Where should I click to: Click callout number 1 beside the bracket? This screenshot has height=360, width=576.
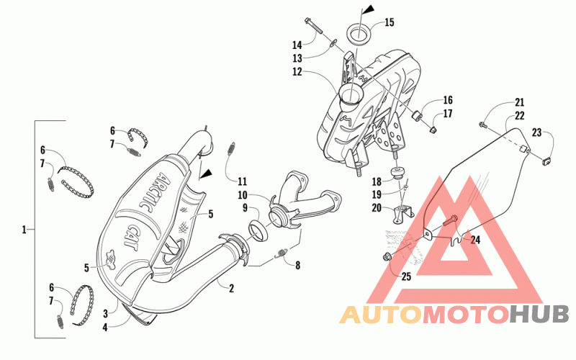tap(24, 230)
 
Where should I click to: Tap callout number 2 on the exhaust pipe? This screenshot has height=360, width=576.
tap(232, 289)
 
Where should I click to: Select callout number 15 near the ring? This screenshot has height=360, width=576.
tap(390, 23)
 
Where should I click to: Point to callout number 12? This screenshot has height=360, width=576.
tap(297, 72)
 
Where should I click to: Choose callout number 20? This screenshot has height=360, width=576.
tap(376, 207)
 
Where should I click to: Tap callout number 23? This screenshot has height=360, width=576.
tap(536, 132)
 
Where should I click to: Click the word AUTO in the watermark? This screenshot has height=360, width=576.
tap(379, 315)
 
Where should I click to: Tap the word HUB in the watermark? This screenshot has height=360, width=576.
tap(539, 315)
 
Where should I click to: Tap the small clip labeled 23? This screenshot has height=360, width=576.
tap(546, 160)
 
